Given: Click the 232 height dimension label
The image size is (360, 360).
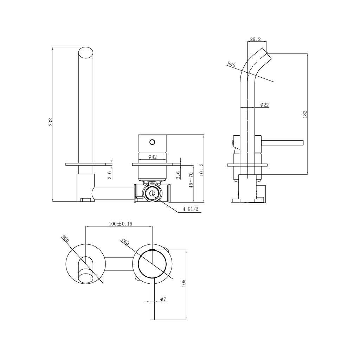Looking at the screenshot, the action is pos(51,122).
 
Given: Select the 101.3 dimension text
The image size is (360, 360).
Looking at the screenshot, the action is pos(201,170).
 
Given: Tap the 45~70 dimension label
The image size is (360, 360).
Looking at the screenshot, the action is pos(191,180).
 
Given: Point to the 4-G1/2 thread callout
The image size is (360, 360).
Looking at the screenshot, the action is pos(190,209).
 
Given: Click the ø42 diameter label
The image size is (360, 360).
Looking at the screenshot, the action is pos(153,156).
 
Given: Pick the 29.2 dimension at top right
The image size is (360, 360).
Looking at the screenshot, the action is pos(256,39).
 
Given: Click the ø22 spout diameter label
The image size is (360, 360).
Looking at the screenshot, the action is pos(264,105).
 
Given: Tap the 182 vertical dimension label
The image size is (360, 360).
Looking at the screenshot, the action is pos(305,114).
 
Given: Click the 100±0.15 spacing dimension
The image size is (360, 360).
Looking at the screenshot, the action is pos(121,224).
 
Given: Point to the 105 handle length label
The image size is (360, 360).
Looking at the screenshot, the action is pos(184,283).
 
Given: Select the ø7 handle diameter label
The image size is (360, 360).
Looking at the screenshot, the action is pos(163,299).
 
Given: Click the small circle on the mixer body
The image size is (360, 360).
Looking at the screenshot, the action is pos(152,142).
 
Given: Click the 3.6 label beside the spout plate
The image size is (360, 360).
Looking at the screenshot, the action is pos(110,175).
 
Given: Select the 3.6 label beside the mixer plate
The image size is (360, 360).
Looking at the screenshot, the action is pos(178,175).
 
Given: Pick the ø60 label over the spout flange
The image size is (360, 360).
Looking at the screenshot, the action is pos(66,239).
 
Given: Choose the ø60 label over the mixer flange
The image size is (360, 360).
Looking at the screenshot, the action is pos(126,242).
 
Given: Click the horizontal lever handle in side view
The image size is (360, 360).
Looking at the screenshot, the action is pos(282,143).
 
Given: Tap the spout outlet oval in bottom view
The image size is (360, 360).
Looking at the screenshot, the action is pos(86,275).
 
